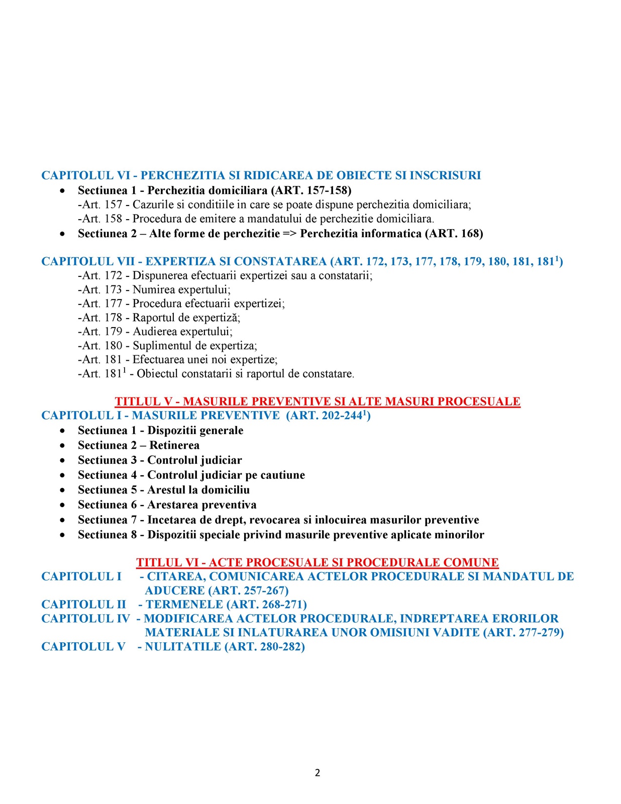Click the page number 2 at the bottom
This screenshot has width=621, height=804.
[317, 773]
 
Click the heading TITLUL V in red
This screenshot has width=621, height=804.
[317, 401]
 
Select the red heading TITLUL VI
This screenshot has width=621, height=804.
[317, 562]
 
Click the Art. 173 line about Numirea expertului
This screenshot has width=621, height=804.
[154, 289]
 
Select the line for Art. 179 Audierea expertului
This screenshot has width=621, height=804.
[155, 332]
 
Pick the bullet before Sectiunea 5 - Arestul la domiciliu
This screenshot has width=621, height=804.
[62, 490]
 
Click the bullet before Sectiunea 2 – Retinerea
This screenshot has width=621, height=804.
[62, 446]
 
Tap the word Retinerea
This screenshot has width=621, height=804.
[174, 445]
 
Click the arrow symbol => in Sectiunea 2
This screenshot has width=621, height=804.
[290, 234]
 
